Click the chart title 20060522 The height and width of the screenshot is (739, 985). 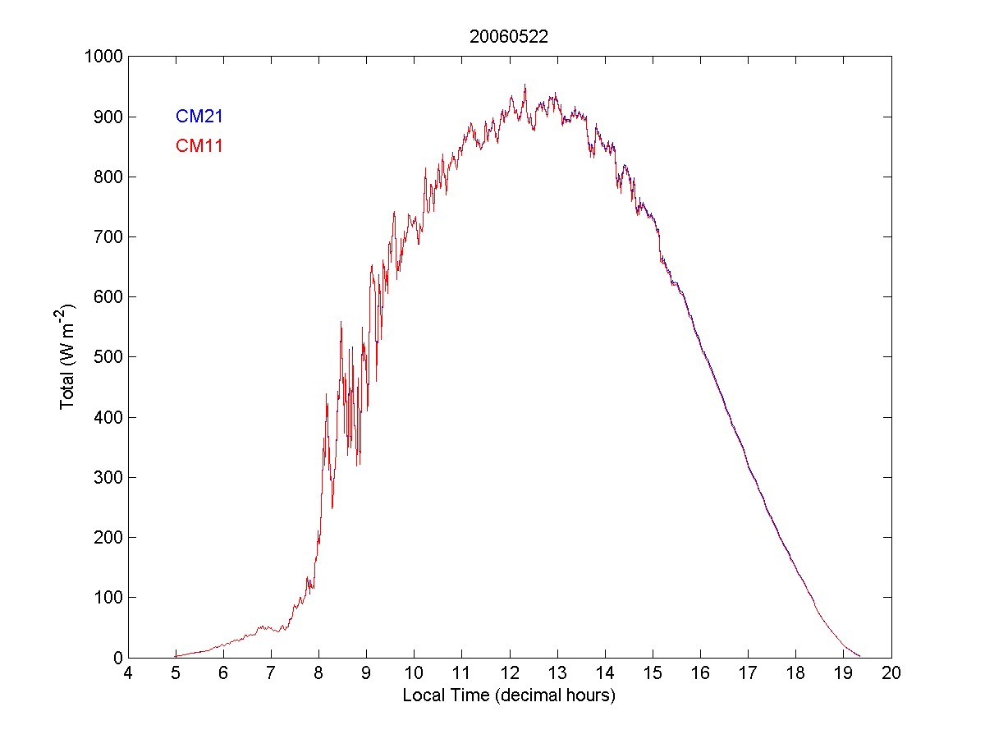509,37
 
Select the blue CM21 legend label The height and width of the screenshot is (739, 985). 199,117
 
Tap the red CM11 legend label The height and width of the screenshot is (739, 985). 199,147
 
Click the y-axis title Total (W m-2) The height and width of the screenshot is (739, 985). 68,356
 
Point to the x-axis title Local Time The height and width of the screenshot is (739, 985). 509,695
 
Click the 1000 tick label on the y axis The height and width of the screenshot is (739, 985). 103,57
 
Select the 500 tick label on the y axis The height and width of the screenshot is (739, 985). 107,357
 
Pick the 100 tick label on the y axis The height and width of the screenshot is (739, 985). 107,598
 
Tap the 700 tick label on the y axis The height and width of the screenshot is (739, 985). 107,237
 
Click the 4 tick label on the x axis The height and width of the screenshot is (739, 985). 128,673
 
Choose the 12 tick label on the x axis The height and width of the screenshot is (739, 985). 510,673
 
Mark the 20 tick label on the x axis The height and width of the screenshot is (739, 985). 891,673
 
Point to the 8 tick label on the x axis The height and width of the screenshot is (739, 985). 319,673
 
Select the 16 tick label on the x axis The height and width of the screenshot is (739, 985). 700,673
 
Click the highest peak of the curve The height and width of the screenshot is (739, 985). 525,85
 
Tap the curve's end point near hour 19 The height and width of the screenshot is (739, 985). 859,656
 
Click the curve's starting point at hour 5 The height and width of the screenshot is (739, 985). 176,656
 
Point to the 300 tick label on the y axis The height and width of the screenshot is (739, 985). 107,478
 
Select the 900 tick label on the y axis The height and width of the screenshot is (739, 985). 107,117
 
